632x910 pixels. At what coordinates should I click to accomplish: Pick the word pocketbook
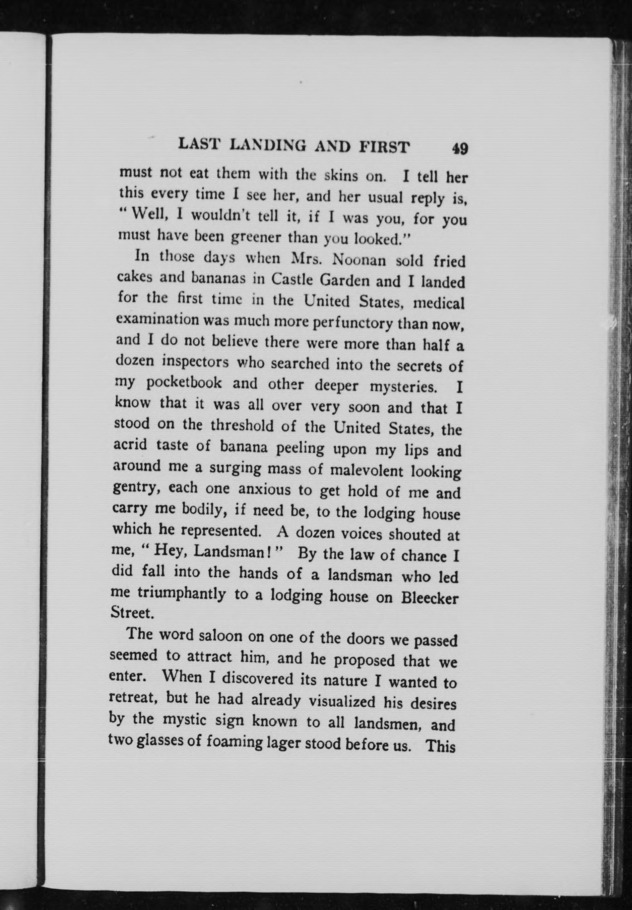tap(184, 383)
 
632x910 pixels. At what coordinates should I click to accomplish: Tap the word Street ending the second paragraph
tap(131, 612)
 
